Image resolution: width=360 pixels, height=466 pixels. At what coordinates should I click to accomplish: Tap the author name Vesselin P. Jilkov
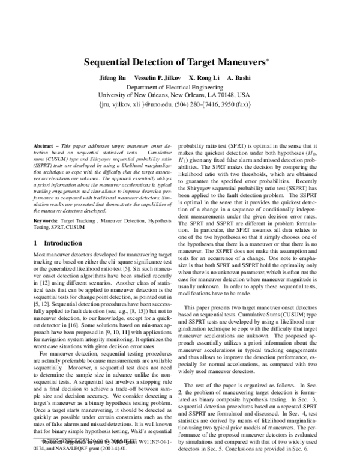click(158, 79)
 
